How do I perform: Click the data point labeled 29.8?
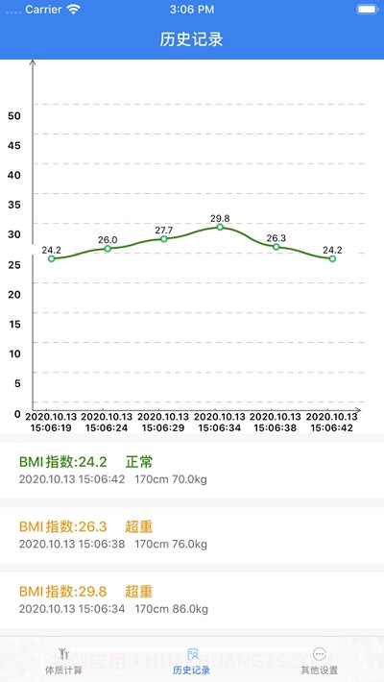pos(220,227)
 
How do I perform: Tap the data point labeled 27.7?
pos(163,238)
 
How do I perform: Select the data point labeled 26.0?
pos(108,248)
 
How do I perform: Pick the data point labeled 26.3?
pos(276,247)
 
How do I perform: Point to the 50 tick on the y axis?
pos(14,115)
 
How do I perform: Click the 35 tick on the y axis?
pos(14,205)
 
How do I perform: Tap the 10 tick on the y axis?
pos(14,353)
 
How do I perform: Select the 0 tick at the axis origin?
pos(17,414)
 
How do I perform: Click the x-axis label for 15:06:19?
pos(52,423)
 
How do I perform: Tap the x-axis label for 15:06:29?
pos(164,423)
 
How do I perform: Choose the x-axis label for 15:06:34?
pos(220,423)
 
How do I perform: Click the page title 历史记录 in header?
pos(191,40)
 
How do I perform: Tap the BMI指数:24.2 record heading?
pos(62,461)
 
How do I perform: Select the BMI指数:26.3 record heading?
pos(62,526)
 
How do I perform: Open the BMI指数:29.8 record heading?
pos(62,591)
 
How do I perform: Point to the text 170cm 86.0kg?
pos(171,608)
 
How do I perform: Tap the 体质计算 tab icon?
pos(63,653)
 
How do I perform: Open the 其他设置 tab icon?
pos(320,653)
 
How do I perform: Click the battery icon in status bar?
pos(367,9)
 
